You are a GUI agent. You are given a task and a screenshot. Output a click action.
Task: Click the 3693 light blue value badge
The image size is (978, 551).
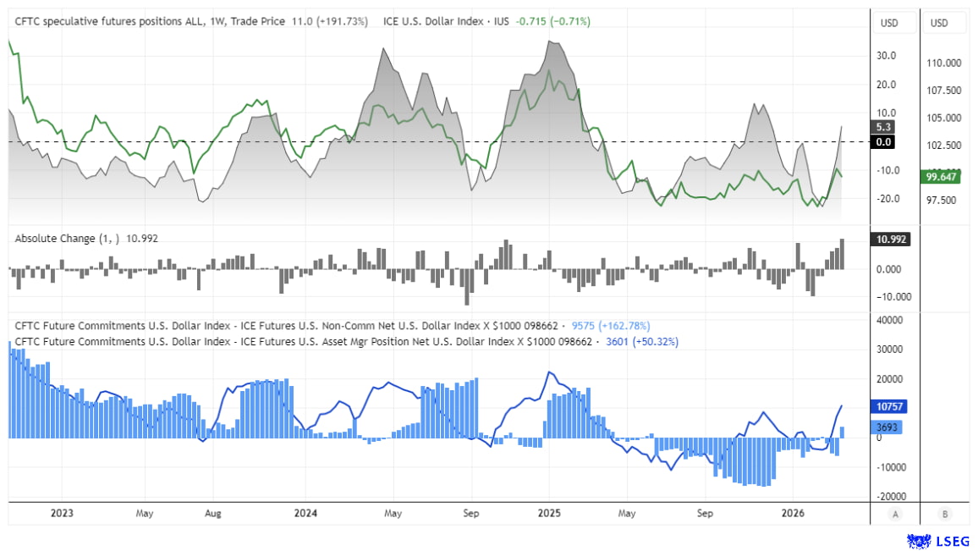point(884,428)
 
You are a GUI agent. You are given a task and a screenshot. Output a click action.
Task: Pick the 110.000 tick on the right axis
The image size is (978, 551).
point(944,63)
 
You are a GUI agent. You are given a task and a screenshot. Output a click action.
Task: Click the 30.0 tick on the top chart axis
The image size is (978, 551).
point(887,56)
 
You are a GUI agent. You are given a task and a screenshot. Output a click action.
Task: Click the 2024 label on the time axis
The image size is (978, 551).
point(305,513)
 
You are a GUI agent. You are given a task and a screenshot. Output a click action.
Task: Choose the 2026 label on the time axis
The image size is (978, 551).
point(792,513)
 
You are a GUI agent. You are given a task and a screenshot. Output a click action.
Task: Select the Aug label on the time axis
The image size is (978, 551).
point(213,513)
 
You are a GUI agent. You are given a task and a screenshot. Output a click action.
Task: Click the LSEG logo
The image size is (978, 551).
point(937,540)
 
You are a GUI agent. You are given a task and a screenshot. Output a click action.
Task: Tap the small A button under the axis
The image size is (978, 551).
point(894,514)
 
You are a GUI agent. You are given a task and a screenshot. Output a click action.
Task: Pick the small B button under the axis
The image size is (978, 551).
point(943,514)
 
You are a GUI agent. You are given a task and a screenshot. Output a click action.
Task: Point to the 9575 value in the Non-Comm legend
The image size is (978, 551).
point(585,326)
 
